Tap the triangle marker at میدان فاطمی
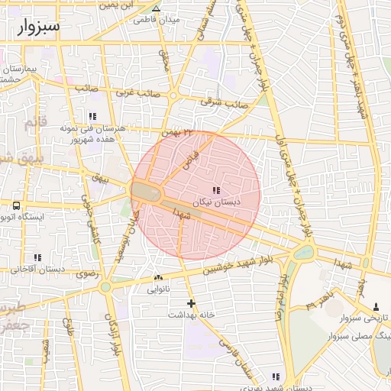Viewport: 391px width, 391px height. (x=156, y=9)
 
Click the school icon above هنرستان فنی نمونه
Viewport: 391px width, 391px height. (x=92, y=117)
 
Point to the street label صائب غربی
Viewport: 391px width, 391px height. (x=137, y=94)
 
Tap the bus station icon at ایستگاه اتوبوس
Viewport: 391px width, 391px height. (x=17, y=205)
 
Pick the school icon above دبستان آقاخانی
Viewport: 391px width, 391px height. (x=37, y=258)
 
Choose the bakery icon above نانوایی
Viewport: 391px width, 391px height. (x=158, y=278)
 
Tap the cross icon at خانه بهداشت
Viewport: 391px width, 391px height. (x=191, y=304)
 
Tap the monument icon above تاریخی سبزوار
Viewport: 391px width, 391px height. (x=374, y=305)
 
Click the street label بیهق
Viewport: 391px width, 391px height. (x=100, y=178)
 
